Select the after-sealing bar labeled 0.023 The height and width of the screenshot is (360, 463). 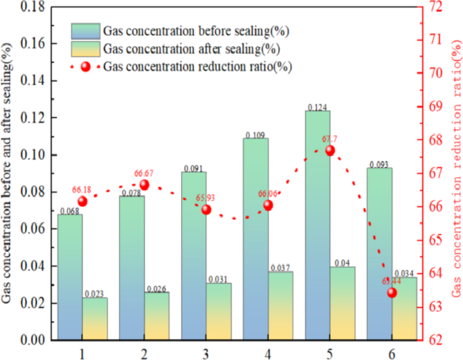[95, 318]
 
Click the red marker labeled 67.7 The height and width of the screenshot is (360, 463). [330, 151]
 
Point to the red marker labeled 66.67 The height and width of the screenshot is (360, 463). [144, 185]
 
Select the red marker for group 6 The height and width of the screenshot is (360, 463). [392, 292]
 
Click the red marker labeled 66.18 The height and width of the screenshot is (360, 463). [82, 201]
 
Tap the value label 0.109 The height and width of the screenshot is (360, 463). [255, 134]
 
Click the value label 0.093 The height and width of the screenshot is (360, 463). [379, 164]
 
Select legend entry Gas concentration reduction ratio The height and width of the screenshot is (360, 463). [197, 67]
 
